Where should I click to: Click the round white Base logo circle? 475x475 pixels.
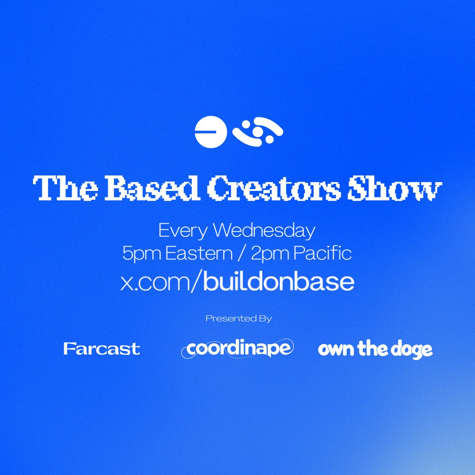point(211,132)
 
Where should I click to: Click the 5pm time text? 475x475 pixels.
point(141,254)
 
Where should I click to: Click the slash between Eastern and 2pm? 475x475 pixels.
point(241,254)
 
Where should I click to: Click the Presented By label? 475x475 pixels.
point(239,319)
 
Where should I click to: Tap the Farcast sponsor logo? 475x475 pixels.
point(102,349)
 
